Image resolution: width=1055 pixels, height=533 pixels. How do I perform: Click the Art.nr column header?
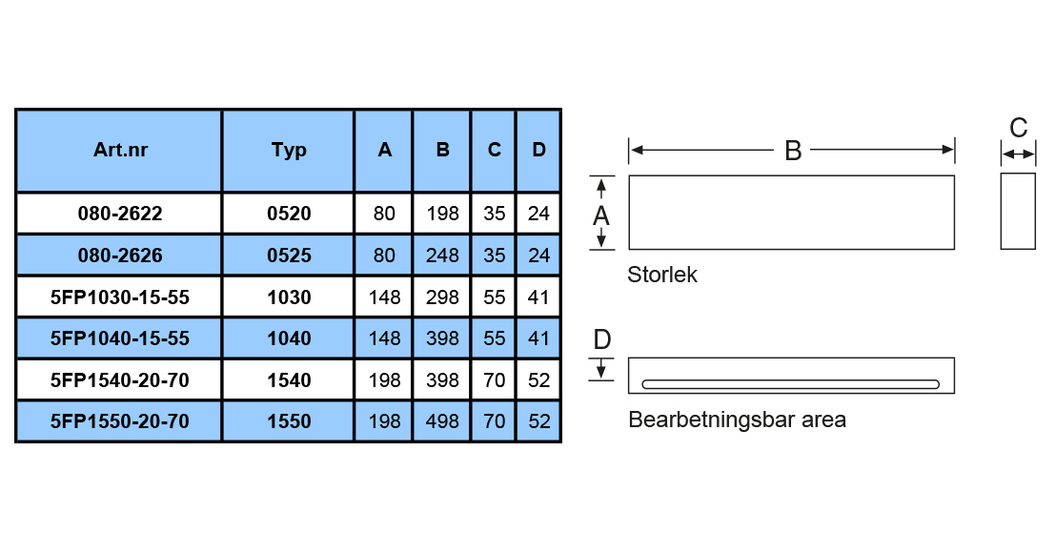click(x=120, y=150)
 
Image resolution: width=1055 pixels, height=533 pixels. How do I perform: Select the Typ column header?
click(x=289, y=150)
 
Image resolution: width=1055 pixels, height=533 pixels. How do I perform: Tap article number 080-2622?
click(x=120, y=214)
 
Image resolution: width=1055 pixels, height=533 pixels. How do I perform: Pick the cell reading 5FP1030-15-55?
click(x=120, y=297)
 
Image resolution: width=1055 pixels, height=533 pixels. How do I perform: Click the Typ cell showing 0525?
click(x=289, y=256)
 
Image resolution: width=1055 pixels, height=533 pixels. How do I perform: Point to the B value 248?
click(x=442, y=256)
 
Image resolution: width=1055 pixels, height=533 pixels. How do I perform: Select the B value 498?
click(x=442, y=421)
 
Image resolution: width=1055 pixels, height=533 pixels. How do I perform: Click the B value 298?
click(x=442, y=297)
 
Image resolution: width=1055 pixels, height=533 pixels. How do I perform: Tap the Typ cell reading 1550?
click(x=289, y=421)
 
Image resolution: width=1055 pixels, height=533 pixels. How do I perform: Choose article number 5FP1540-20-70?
click(x=120, y=380)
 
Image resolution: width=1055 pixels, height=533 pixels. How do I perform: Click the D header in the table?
click(x=539, y=150)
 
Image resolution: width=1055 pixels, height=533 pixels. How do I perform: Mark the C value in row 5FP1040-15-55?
click(x=494, y=338)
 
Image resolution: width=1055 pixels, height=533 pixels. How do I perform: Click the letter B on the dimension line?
click(x=793, y=151)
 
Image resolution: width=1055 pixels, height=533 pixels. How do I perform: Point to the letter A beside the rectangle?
click(x=600, y=216)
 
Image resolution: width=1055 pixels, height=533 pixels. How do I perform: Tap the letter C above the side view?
click(x=1019, y=128)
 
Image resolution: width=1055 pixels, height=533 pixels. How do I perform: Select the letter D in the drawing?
click(x=602, y=339)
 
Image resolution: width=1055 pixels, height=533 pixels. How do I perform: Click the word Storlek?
click(x=662, y=275)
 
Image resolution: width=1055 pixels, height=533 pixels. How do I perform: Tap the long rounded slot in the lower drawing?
click(x=791, y=384)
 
